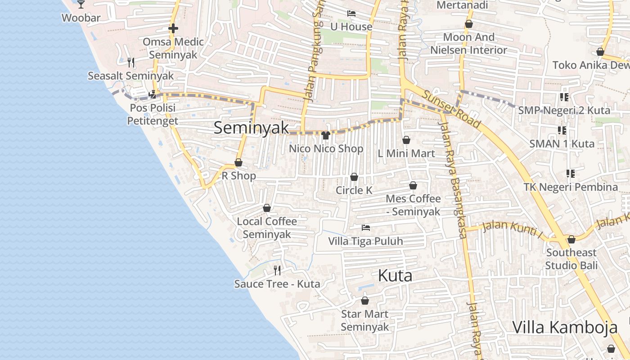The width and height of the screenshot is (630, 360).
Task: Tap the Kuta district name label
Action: pyautogui.click(x=395, y=275)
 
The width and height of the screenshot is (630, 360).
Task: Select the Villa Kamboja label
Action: pyautogui.click(x=564, y=327)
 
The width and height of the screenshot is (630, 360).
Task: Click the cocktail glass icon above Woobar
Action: pyautogui.click(x=81, y=4)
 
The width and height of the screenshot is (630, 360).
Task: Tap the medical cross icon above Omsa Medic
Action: pyautogui.click(x=173, y=28)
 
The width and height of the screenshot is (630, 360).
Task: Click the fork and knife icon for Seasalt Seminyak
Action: pyautogui.click(x=131, y=62)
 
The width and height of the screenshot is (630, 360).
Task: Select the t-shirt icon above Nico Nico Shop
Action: pyautogui.click(x=326, y=135)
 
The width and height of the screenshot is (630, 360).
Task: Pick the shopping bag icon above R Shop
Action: pyautogui.click(x=238, y=162)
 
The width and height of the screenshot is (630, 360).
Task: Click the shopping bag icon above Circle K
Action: pyautogui.click(x=354, y=177)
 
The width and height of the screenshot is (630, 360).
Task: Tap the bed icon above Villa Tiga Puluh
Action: pyautogui.click(x=366, y=228)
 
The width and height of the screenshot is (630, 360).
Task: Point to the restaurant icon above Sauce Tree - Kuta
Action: pyautogui.click(x=277, y=270)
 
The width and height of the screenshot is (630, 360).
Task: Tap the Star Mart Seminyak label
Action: pyautogui.click(x=364, y=320)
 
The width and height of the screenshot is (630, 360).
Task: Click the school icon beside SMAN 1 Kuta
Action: pyautogui.click(x=562, y=130)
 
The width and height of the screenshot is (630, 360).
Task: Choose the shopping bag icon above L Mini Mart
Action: pyautogui.click(x=406, y=140)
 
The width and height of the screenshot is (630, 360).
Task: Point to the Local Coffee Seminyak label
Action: pyautogui.click(x=267, y=228)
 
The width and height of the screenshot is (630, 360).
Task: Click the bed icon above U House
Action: pyautogui.click(x=351, y=13)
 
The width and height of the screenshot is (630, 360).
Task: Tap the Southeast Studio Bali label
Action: pyautogui.click(x=571, y=259)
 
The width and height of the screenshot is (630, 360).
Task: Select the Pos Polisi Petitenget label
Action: pyautogui.click(x=153, y=114)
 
